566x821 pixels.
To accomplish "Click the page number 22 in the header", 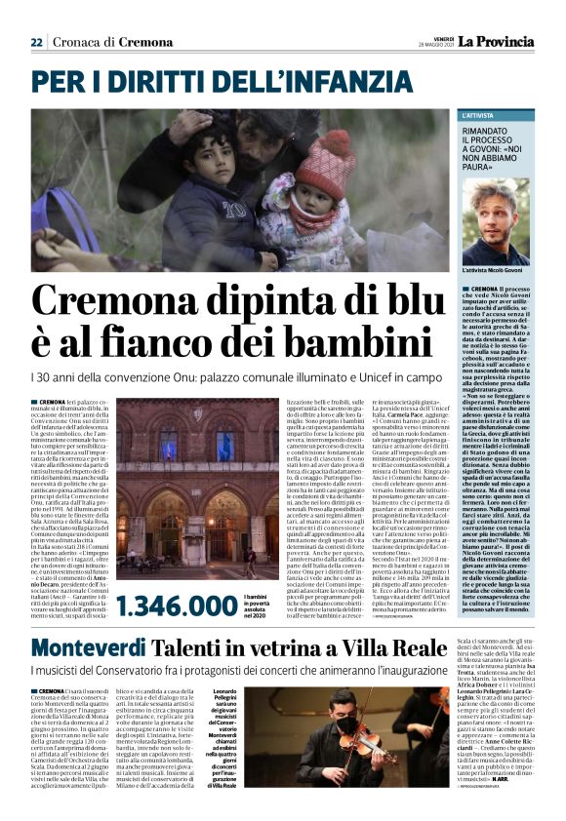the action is click(x=36, y=42).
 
